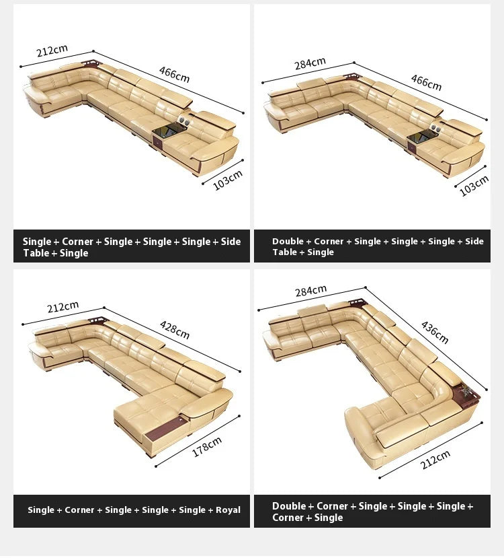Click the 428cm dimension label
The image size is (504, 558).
click(x=175, y=330)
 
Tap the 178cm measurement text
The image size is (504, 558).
click(x=207, y=447)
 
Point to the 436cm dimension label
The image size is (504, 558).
click(x=435, y=332)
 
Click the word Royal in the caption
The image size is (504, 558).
click(x=228, y=510)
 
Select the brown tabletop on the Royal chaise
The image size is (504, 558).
click(x=166, y=429)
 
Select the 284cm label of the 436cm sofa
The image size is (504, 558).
click(x=310, y=291)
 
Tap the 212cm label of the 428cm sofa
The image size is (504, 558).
click(x=63, y=307)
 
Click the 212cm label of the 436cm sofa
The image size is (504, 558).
click(x=435, y=459)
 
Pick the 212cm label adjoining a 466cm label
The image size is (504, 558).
click(x=52, y=50)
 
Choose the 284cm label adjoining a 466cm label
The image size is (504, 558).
click(x=310, y=63)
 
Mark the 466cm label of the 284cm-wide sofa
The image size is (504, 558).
click(x=426, y=82)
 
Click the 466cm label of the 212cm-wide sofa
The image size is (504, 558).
click(x=174, y=74)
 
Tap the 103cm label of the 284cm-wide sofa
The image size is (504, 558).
click(x=474, y=186)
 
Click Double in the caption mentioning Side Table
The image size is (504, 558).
click(x=288, y=241)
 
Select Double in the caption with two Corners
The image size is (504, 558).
click(x=288, y=506)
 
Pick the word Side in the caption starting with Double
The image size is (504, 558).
click(x=474, y=241)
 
